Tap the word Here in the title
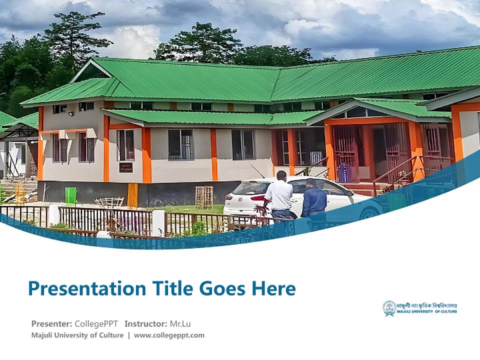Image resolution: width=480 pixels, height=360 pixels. [x=273, y=288]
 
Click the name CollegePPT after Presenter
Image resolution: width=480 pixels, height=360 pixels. [x=96, y=323]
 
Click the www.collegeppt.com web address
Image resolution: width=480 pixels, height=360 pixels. [x=169, y=335]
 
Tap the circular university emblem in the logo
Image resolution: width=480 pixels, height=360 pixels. [x=389, y=308]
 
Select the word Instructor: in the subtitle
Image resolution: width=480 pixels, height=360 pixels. [x=146, y=323]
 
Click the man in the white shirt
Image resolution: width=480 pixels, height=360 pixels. [x=279, y=195]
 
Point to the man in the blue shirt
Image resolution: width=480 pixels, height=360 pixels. [x=314, y=199]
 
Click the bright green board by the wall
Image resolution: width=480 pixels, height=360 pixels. [x=70, y=195]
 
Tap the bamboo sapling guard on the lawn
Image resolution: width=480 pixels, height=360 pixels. [x=203, y=197]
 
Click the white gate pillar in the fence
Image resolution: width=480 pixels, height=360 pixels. [x=158, y=222]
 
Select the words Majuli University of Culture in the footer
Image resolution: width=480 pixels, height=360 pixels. [x=77, y=335]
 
